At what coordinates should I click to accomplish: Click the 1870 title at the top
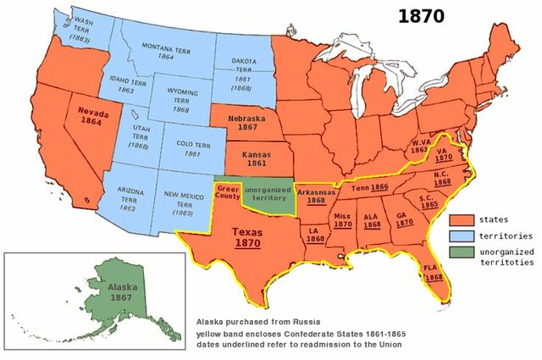point(423,17)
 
